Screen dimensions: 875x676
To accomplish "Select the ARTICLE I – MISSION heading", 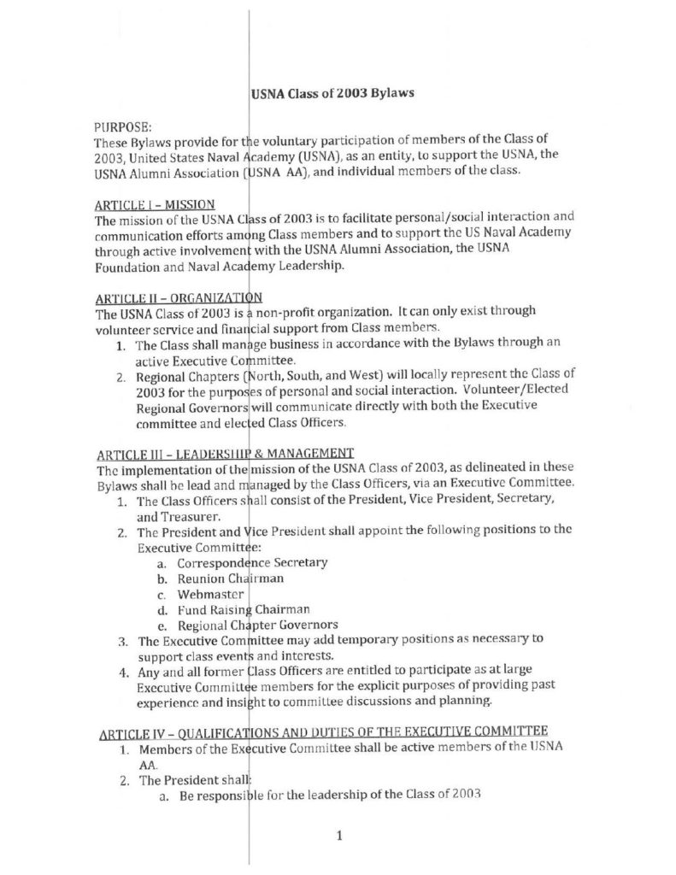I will pyautogui.click(x=155, y=204).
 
